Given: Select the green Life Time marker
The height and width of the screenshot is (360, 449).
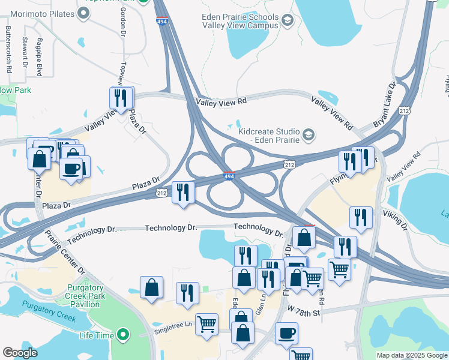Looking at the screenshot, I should [124, 334].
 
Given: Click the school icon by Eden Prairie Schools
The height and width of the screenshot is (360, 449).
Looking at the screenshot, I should [287, 22].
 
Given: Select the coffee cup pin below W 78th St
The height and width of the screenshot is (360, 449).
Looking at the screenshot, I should [286, 333].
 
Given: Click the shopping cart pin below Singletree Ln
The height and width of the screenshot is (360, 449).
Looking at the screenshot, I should [207, 324].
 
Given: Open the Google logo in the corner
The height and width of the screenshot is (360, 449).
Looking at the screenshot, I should [20, 353].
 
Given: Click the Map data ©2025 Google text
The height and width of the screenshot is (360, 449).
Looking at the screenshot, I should [411, 355].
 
